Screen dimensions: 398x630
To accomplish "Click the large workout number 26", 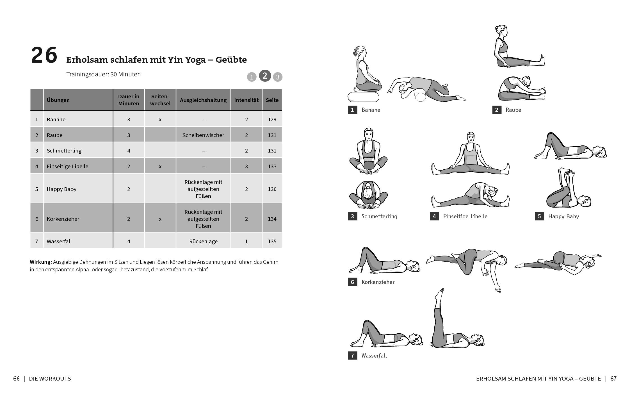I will coord(44,56).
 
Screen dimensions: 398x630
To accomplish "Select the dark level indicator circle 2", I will coord(265,76).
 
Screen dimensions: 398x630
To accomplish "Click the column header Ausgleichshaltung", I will coord(203,100).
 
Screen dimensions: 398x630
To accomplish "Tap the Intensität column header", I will coord(246,100).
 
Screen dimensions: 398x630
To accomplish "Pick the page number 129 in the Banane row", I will coord(272,120).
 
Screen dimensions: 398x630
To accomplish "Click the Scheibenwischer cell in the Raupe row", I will coord(203,135).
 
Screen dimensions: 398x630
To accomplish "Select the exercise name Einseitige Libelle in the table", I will coord(67,167).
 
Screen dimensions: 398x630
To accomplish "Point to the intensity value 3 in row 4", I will coord(246,167).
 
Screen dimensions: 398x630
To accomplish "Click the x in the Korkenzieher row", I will coord(160,219).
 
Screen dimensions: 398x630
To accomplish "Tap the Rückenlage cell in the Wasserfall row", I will coord(203,242).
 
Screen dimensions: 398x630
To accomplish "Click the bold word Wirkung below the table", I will coord(41,262).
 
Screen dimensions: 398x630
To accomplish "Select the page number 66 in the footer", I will coord(16,379).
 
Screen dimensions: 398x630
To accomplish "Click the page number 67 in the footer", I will coord(613,379).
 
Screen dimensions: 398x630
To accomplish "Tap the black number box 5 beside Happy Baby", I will coord(539,217).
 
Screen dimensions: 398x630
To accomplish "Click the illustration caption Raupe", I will coord(513,110).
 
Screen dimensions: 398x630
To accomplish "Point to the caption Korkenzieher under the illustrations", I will coord(378,282).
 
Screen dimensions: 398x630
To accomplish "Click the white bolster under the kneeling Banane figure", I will coord(363,97).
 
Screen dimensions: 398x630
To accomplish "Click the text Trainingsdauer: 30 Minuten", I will coord(103,74).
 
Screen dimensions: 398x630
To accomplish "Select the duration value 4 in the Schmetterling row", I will coord(129,151).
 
